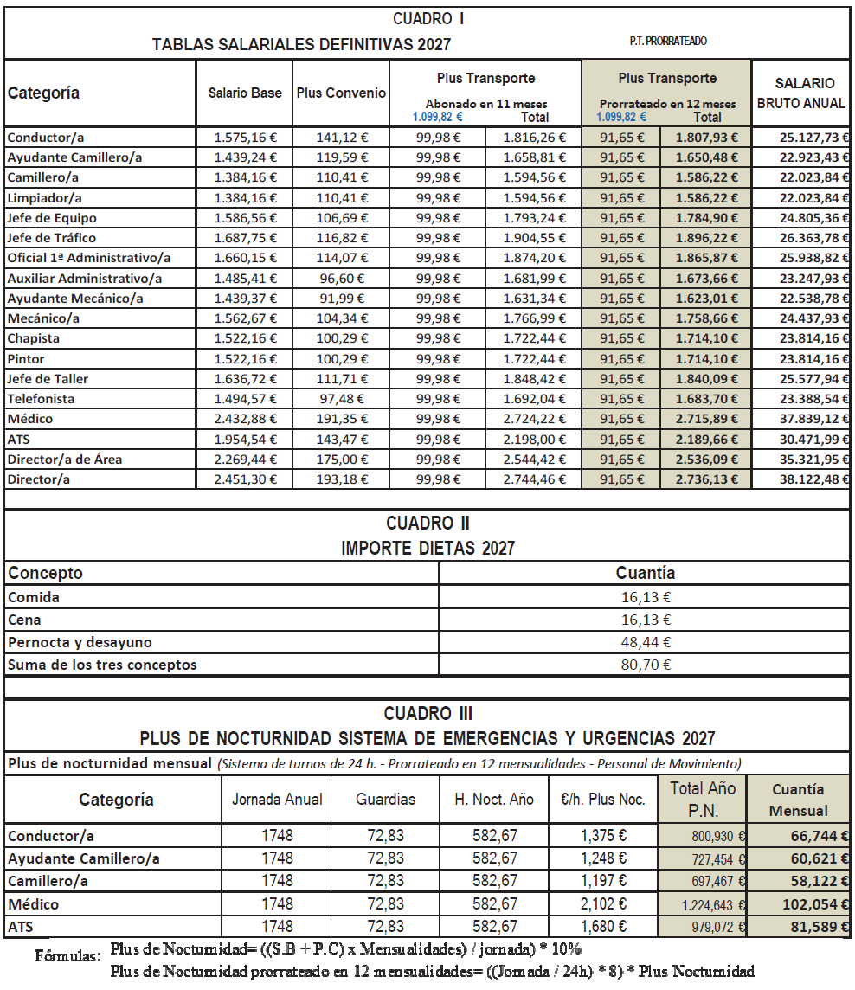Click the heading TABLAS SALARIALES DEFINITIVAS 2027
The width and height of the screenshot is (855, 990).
[301, 44]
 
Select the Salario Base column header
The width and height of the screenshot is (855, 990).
[245, 93]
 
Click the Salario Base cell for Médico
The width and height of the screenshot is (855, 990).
[245, 419]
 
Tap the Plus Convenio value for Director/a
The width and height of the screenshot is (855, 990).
[341, 479]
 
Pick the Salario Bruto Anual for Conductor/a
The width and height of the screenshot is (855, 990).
[801, 137]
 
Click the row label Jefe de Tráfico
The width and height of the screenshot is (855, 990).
[52, 238]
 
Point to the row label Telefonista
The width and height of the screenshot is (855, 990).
[41, 399]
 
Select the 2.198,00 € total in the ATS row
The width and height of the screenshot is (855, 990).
[534, 439]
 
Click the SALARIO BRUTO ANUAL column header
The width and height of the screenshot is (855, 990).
[801, 93]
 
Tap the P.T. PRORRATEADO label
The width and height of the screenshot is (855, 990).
[669, 42]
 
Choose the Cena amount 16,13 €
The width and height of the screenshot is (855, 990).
[645, 620]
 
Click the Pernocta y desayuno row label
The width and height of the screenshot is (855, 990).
[80, 643]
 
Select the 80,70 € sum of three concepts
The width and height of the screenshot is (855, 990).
[645, 665]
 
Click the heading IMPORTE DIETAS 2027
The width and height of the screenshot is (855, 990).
[428, 549]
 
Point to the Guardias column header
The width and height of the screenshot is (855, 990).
[386, 800]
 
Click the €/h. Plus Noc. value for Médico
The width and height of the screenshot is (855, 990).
[603, 904]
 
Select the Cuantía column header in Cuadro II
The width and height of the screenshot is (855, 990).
[645, 573]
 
